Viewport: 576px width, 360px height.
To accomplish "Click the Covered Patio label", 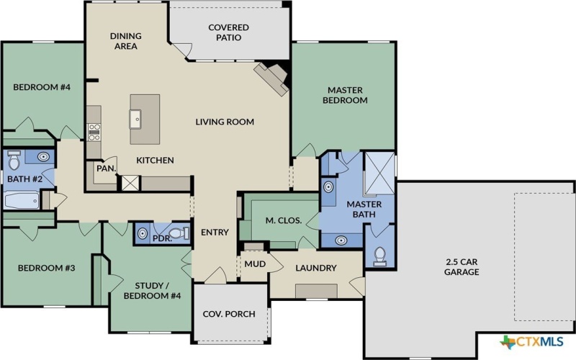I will pos(228,33).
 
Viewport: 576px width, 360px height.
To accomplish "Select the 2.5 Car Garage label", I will pos(461,267).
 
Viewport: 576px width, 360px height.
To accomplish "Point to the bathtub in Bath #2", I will pos(22,199).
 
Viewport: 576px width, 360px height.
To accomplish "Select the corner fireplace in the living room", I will pos(273,76).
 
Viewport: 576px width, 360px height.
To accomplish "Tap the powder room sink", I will pos(143,233).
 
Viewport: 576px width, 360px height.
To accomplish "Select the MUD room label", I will pos(254,264).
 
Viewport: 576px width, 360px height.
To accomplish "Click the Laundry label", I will pos(316,268).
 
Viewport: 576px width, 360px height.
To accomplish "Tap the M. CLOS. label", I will pos(283,220).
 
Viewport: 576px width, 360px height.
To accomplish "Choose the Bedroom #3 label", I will pos(47,268).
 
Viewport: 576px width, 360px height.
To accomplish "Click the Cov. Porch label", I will pos(229,314).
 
